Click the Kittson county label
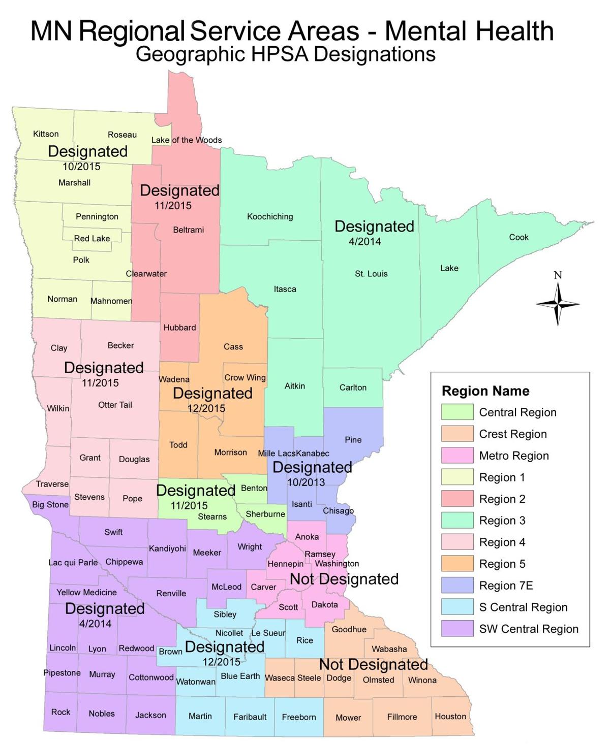coord(46,134)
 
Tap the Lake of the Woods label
coord(187,140)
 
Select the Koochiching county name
coord(270,217)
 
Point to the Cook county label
coord(518,237)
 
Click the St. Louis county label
coord(371,274)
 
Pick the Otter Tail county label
coord(115,405)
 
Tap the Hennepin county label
coord(285,564)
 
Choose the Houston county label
coord(450,716)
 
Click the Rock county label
coord(60,712)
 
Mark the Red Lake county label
coord(92,239)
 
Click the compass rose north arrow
coord(558,289)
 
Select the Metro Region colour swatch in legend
coord(457,456)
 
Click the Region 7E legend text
coord(506,586)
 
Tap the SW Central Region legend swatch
coord(457,629)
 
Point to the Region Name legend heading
coord(485,391)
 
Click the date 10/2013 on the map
coord(306,482)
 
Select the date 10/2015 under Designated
coord(81,167)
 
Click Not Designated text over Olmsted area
coord(373,664)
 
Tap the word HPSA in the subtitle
coord(267,54)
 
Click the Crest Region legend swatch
coord(457,434)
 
